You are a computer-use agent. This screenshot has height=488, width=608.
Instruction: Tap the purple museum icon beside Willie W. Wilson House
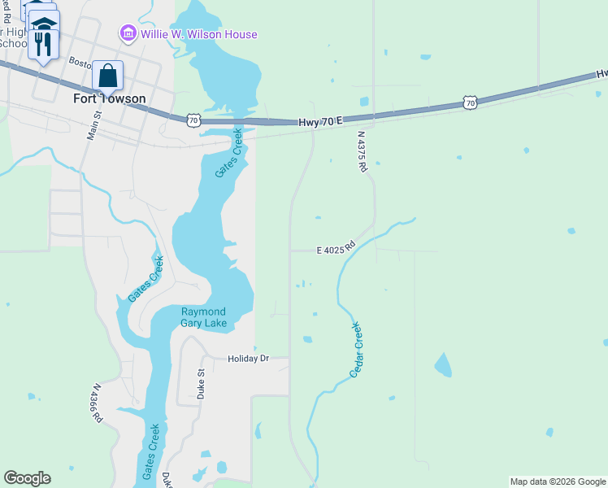(128, 34)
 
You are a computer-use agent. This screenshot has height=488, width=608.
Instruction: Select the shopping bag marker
(107, 77)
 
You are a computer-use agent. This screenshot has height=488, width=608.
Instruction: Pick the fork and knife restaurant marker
(43, 42)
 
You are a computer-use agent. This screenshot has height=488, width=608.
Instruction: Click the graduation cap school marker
(45, 23)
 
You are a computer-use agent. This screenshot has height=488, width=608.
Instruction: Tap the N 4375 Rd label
(363, 153)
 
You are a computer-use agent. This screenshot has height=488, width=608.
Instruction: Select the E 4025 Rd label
(337, 248)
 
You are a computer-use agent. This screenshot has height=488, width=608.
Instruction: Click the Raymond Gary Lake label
(203, 317)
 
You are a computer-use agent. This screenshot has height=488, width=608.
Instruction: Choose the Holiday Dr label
(248, 358)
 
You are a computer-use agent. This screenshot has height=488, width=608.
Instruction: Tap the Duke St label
(201, 383)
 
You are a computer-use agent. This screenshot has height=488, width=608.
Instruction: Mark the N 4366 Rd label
(98, 403)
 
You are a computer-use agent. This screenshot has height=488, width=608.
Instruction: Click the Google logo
(27, 478)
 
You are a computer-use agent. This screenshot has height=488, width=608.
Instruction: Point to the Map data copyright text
(558, 481)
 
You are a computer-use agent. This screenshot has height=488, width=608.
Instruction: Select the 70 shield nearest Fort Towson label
(193, 120)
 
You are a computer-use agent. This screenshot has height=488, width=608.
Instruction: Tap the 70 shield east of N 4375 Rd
(470, 102)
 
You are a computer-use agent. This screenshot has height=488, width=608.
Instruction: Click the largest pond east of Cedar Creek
(443, 365)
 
